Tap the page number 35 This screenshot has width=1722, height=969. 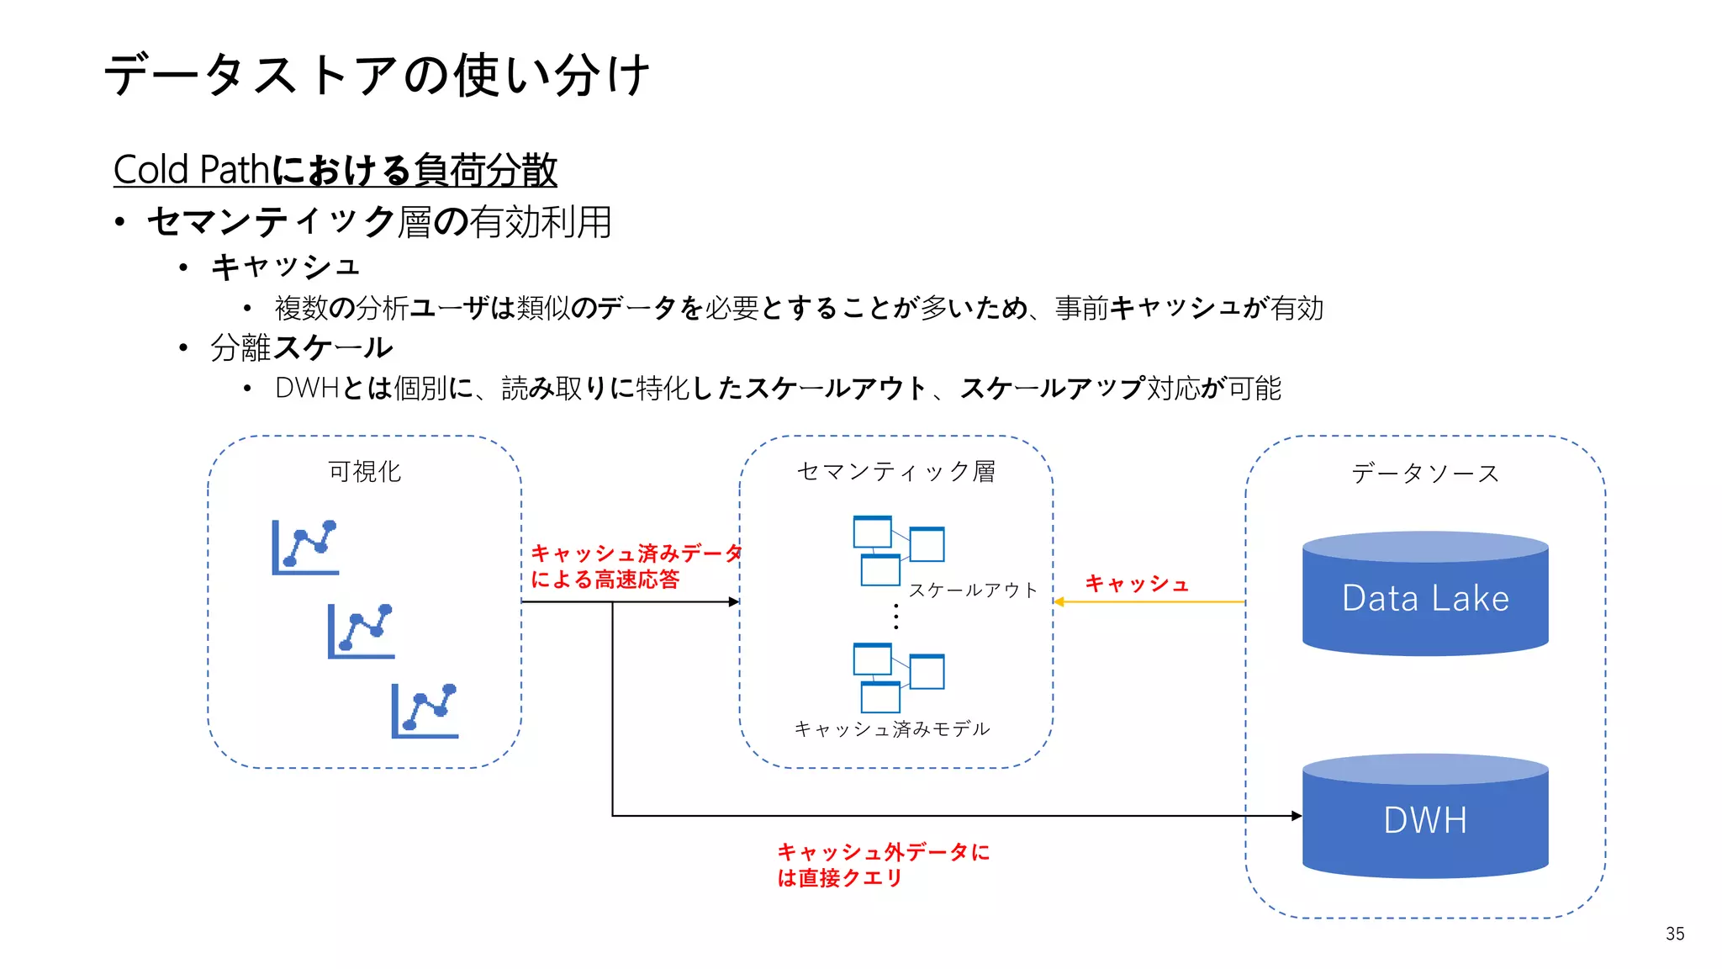click(1674, 934)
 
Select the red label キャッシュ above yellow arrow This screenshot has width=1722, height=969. click(1137, 584)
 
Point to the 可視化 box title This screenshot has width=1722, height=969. click(364, 472)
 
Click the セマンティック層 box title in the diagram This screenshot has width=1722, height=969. click(895, 472)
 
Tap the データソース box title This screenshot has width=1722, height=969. click(1425, 474)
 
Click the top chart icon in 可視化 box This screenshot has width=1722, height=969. click(305, 548)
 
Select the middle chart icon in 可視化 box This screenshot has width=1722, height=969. click(361, 631)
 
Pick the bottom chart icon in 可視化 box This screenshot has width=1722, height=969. click(425, 712)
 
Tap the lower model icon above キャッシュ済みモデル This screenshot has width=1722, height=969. click(897, 677)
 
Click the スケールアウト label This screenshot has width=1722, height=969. click(973, 590)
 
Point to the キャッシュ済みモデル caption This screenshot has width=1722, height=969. click(892, 729)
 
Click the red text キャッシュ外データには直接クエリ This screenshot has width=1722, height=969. click(883, 865)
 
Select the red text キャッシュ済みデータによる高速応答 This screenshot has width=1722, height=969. click(635, 566)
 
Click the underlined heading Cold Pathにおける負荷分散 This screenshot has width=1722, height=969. click(335, 170)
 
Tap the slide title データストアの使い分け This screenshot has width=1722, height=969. click(377, 75)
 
